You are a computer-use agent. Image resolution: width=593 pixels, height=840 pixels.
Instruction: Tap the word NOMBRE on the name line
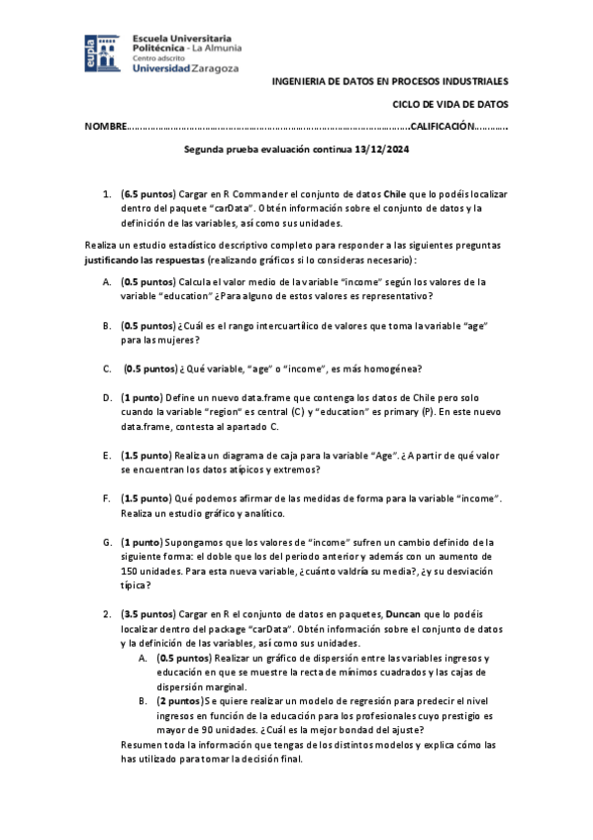pos(105,127)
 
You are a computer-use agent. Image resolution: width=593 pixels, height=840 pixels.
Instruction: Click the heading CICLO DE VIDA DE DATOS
pos(449,103)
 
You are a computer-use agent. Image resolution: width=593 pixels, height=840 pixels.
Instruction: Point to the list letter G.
pos(106,542)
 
